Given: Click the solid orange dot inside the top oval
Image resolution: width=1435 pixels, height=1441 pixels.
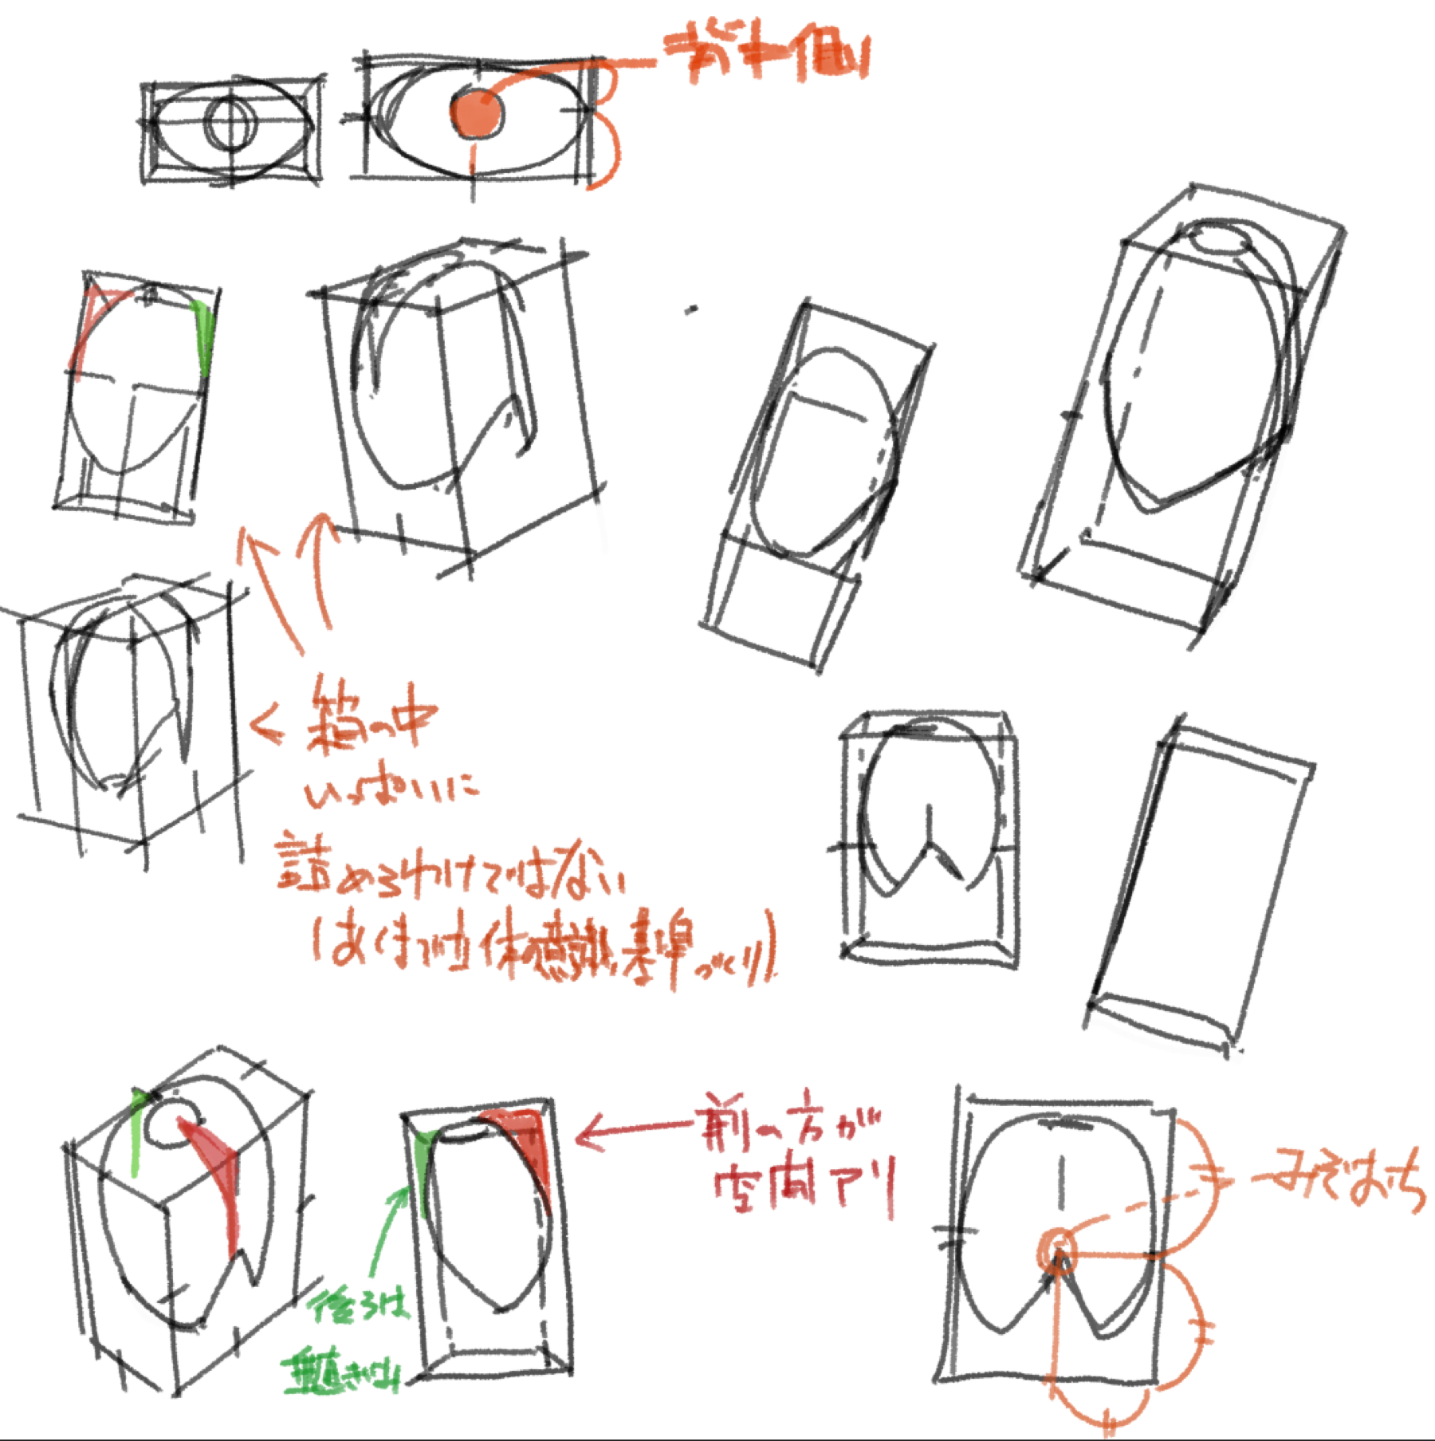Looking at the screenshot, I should click(x=476, y=112).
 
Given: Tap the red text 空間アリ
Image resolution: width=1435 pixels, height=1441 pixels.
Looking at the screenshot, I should click(x=805, y=1188).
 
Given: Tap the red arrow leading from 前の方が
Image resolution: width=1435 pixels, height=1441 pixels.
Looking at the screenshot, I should click(x=630, y=1131).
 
